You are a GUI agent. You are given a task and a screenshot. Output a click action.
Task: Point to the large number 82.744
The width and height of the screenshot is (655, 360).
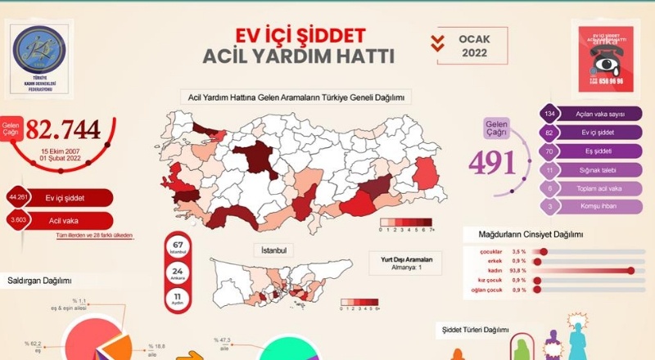pos(63,128)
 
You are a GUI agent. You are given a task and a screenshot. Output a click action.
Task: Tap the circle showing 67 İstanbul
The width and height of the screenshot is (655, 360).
pos(178,246)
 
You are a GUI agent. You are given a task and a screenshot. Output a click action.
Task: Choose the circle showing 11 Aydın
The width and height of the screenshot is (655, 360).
pos(178,299)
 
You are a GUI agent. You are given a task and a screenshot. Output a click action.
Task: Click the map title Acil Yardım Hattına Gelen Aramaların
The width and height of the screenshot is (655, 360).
pos(297,97)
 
